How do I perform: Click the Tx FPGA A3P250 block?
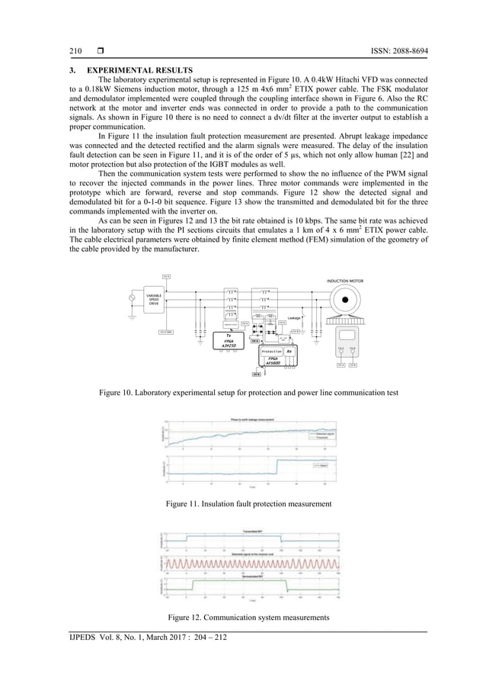pyautogui.click(x=228, y=340)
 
